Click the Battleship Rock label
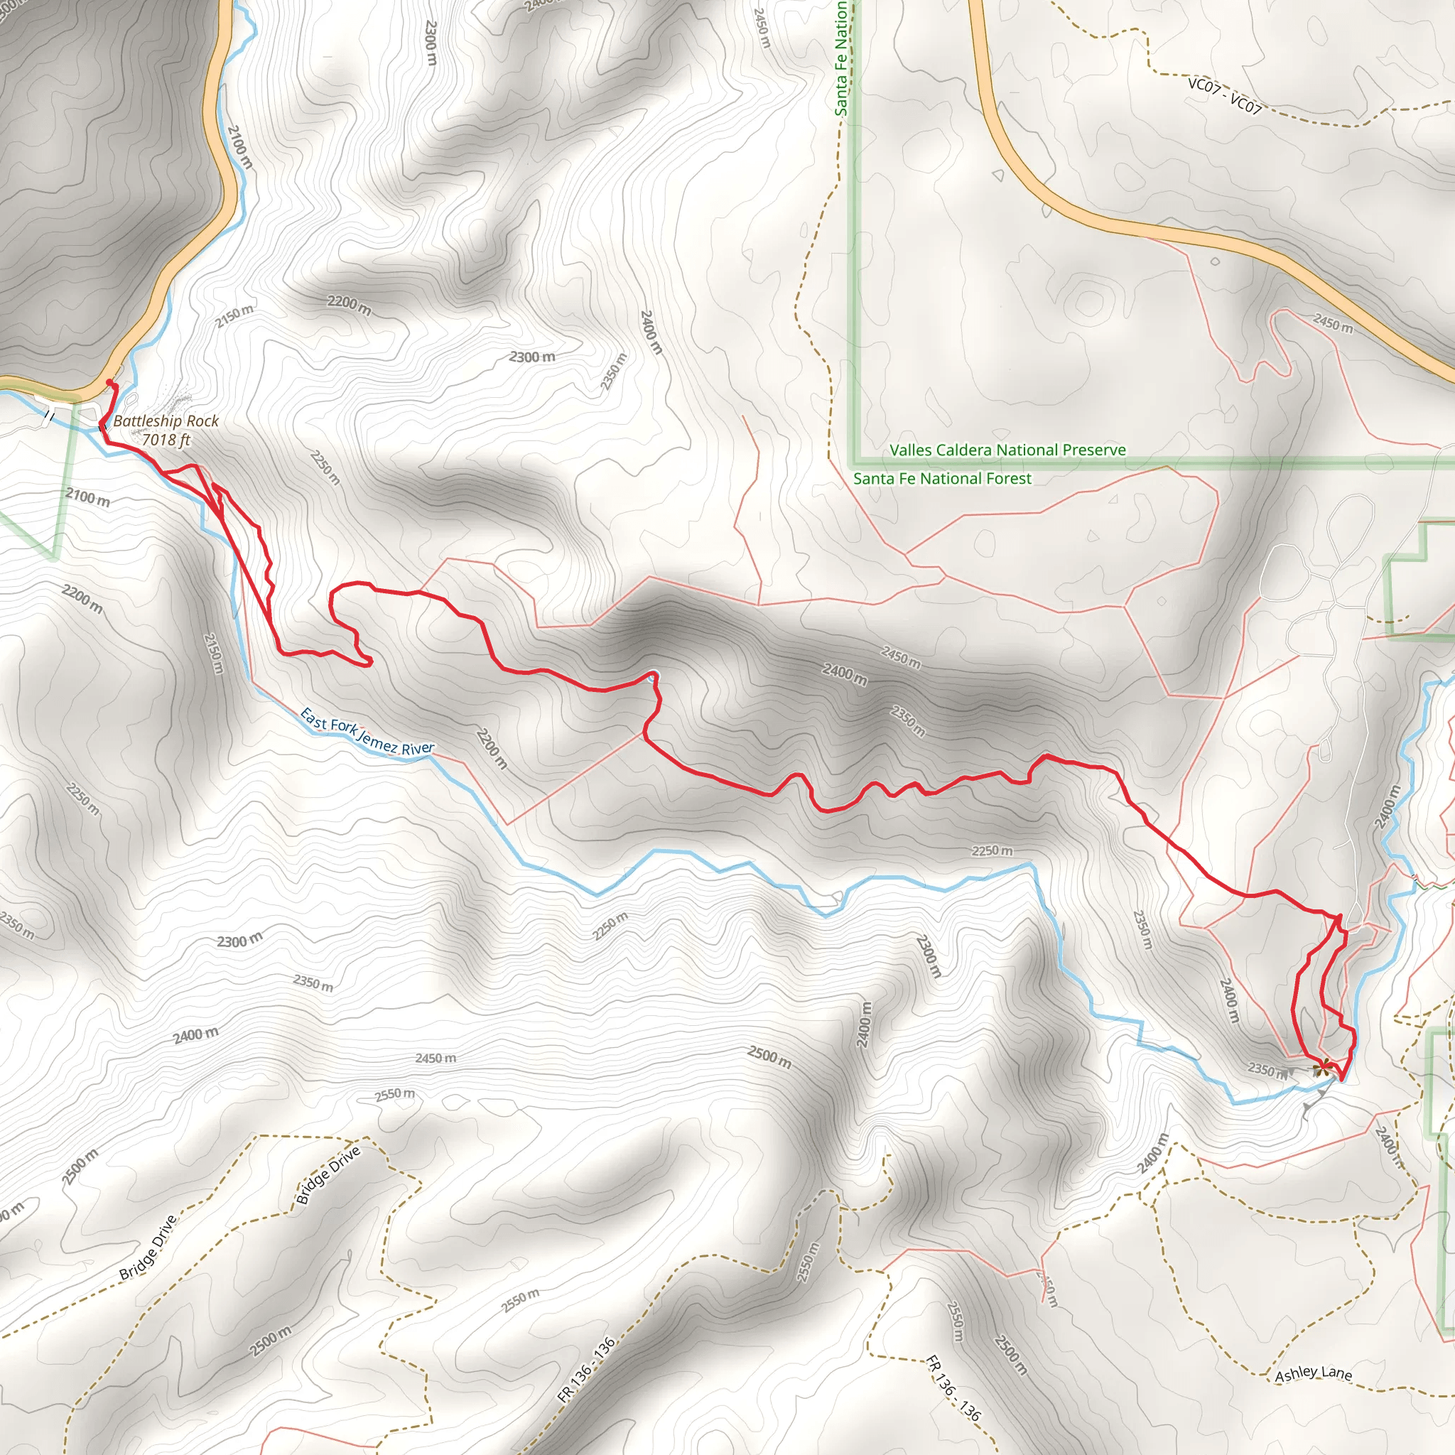click(x=166, y=421)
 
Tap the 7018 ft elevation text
click(x=166, y=440)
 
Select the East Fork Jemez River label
click(x=367, y=731)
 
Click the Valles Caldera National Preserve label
click(x=1007, y=450)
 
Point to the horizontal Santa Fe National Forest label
click(x=942, y=479)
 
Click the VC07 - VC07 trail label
click(x=1224, y=96)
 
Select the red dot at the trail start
click(x=111, y=384)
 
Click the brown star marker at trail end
click(x=1320, y=1068)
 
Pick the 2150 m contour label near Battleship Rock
click(x=234, y=316)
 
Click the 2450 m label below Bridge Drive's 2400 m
click(x=436, y=1058)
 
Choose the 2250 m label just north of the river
click(x=992, y=851)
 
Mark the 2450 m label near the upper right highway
click(x=1333, y=323)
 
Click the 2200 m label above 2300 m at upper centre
click(x=349, y=305)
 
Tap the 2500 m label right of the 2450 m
click(x=769, y=1057)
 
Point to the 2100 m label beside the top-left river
click(x=240, y=146)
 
